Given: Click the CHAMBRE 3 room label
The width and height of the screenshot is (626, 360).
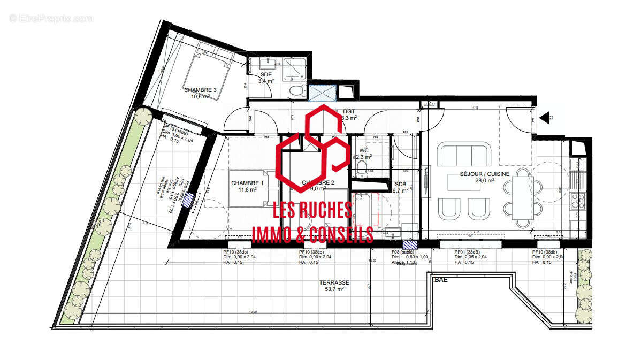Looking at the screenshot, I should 200,90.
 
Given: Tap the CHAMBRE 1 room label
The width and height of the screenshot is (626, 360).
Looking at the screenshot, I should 244,183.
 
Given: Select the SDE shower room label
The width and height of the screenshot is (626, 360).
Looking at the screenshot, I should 266,74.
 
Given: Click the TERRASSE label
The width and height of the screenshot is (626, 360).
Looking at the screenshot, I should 334,282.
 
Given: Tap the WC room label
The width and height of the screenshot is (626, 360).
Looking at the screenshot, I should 364,151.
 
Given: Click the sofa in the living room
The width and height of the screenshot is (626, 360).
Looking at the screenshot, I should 463,156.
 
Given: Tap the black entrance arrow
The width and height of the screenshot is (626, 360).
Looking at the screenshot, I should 545,117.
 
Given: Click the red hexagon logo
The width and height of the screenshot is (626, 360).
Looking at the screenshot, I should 313,147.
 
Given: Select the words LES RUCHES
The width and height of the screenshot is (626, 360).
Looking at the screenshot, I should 312,210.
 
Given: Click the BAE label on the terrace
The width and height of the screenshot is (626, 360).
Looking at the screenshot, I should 441,280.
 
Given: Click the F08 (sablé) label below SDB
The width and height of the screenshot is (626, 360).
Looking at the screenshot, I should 403,252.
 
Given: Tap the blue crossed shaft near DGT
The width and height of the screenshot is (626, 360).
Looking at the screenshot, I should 322,93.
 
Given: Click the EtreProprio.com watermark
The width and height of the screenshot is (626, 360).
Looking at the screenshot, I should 51,18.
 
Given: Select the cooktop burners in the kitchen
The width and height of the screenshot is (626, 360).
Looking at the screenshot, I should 578,201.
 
